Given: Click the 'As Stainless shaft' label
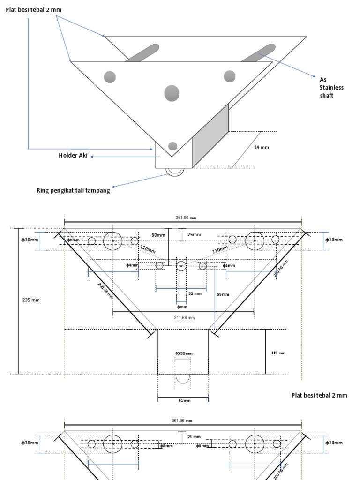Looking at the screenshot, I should click(331, 87).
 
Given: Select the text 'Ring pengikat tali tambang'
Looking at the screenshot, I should click(73, 190).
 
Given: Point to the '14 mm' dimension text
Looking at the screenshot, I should click(261, 147).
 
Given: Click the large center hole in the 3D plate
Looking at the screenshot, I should click(172, 93).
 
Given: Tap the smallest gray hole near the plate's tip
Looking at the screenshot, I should click(173, 145).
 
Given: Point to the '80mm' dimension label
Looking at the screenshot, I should click(158, 234).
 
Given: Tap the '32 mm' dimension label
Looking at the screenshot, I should click(195, 293).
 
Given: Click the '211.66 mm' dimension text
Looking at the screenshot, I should click(184, 317).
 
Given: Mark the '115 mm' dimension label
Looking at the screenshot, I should click(278, 353).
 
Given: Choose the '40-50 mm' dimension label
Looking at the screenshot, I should click(184, 353).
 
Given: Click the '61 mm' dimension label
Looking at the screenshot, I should click(184, 400).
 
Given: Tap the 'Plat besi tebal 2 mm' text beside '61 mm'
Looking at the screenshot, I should click(319, 395).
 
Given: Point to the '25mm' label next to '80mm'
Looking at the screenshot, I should click(194, 234).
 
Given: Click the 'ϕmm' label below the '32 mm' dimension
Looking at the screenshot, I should click(182, 307).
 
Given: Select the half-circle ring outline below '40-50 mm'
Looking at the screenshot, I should click(183, 378).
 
